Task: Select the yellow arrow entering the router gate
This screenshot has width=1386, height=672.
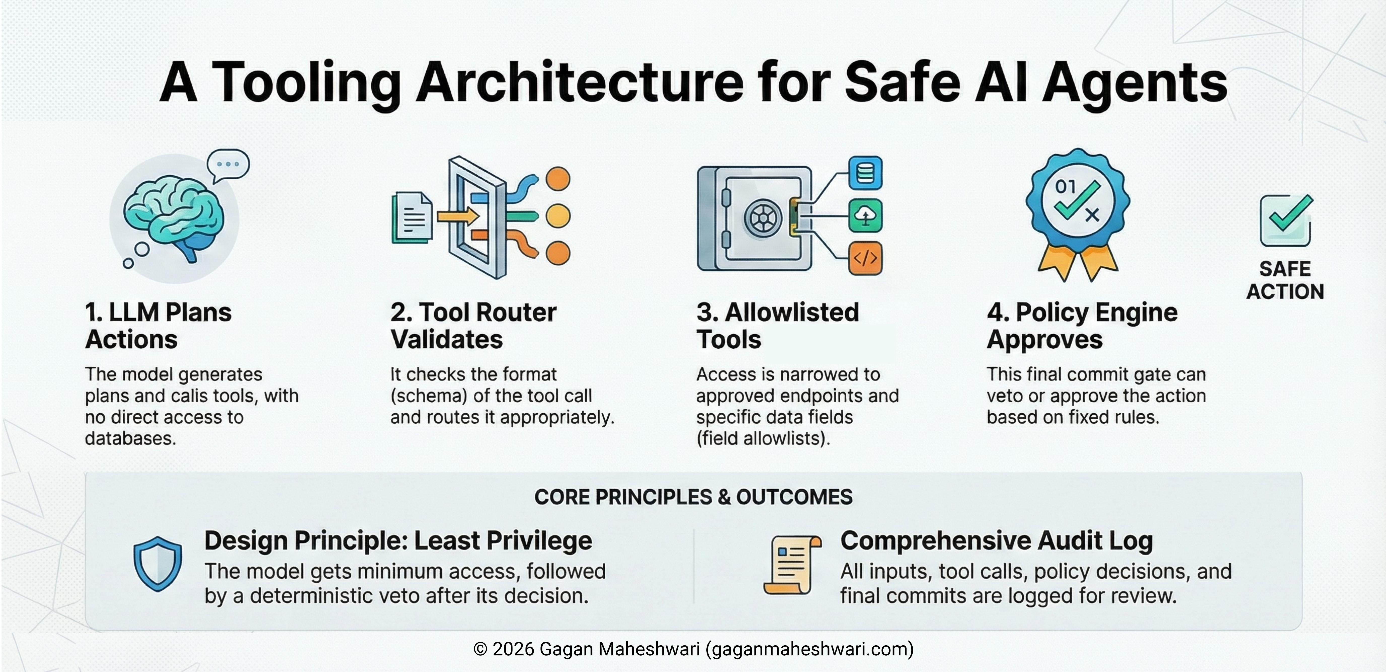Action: click(457, 217)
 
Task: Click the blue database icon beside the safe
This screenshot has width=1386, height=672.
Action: click(865, 173)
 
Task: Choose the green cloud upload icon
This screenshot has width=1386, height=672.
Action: click(865, 216)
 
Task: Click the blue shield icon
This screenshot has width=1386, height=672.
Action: click(158, 563)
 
